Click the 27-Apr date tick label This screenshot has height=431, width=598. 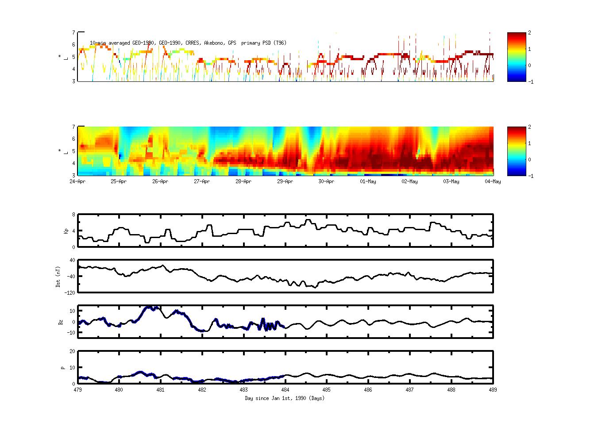[201, 181]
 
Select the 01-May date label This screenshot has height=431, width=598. [368, 181]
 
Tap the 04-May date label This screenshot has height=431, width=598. [493, 181]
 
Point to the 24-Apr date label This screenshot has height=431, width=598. [77, 181]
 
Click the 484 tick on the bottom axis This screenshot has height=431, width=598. [285, 390]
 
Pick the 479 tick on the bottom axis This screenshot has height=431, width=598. [77, 390]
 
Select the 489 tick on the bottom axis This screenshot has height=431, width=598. [493, 390]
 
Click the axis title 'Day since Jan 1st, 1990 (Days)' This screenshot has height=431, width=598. [285, 398]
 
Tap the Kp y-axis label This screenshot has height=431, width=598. [60, 231]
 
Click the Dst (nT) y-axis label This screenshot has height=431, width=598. [58, 277]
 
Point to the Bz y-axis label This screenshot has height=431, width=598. [60, 322]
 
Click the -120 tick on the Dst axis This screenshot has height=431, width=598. [70, 292]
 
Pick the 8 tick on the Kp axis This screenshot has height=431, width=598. [73, 215]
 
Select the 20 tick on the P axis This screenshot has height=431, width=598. [72, 351]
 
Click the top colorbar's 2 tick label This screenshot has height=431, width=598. [530, 33]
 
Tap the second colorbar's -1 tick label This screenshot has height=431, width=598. [531, 176]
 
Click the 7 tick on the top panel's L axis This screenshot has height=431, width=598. [74, 32]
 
